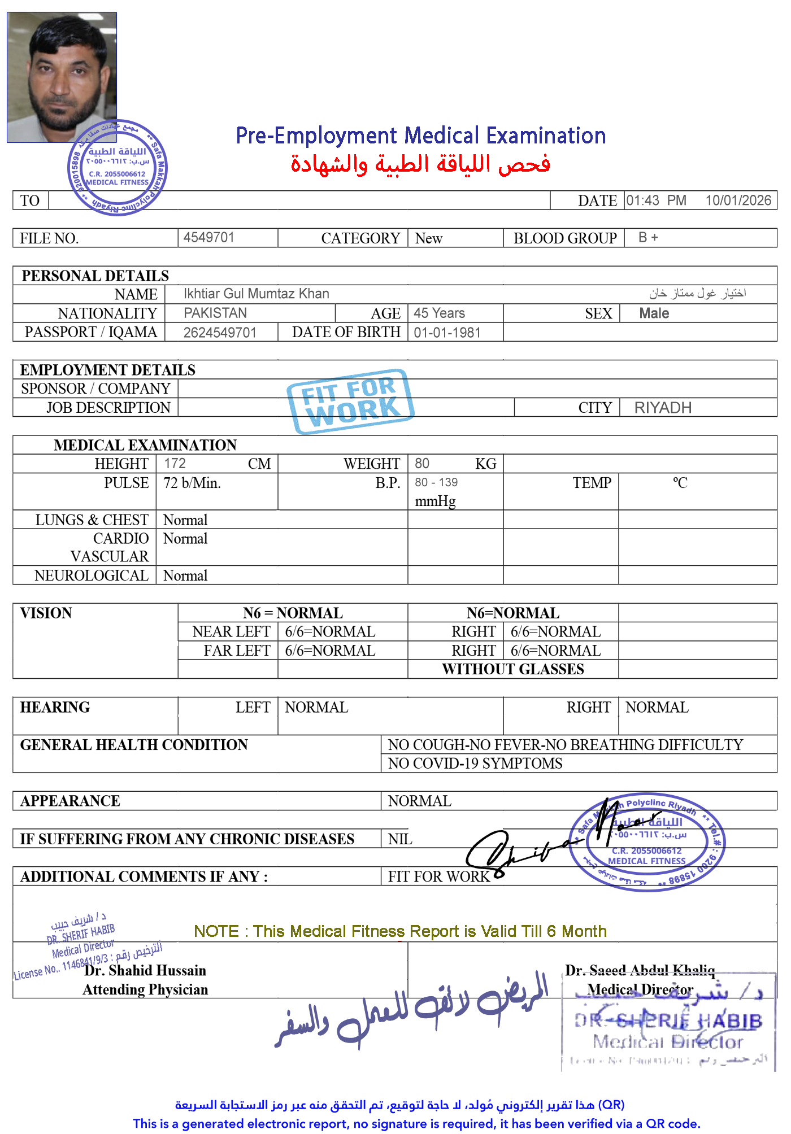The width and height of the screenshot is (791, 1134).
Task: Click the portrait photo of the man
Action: point(62,77)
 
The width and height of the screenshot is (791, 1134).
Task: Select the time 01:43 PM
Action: point(655,200)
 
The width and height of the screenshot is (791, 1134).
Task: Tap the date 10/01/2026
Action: point(737,200)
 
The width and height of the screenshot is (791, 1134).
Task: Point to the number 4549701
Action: point(208,237)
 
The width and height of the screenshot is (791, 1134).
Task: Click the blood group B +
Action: point(648,237)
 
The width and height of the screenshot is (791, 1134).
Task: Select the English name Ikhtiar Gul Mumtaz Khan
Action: point(256,294)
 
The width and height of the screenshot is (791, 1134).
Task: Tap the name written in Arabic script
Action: point(697,293)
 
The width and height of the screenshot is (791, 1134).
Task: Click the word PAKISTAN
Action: point(215,313)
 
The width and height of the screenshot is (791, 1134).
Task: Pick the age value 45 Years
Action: point(439,313)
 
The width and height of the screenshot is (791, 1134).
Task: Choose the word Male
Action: point(654,313)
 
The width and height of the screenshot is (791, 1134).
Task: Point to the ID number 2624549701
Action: point(220,333)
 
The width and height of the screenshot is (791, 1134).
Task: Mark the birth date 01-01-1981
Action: point(447,333)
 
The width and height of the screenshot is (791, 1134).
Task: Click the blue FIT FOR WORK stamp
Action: point(350,401)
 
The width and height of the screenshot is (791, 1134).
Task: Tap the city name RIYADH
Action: point(663,408)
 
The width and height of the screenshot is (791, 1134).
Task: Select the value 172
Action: point(175,463)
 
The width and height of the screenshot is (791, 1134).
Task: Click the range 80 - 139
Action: point(436,483)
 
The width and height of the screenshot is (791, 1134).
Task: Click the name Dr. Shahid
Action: point(118,970)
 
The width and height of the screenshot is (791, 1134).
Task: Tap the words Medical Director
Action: point(640,989)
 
